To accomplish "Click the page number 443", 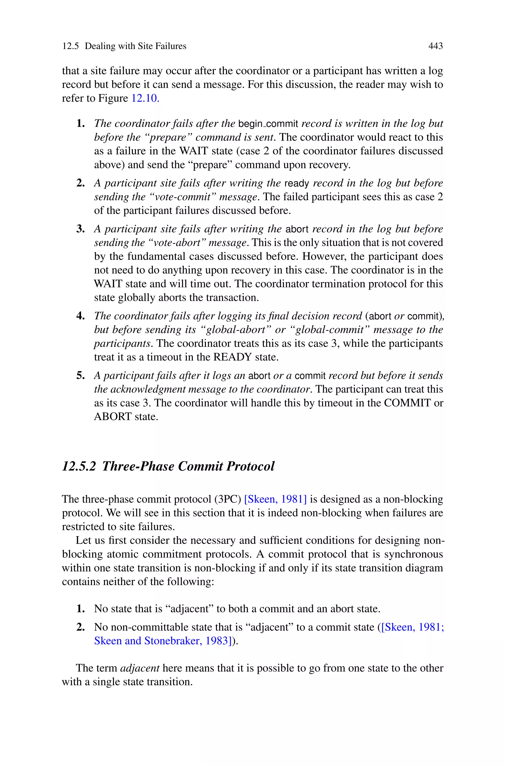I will pos(435,46).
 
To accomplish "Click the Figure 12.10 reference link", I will pos(145,98).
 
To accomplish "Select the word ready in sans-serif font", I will pos(297,184).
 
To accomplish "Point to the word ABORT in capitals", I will pos(112,417).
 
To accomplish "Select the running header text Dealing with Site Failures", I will pos(135,46).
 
